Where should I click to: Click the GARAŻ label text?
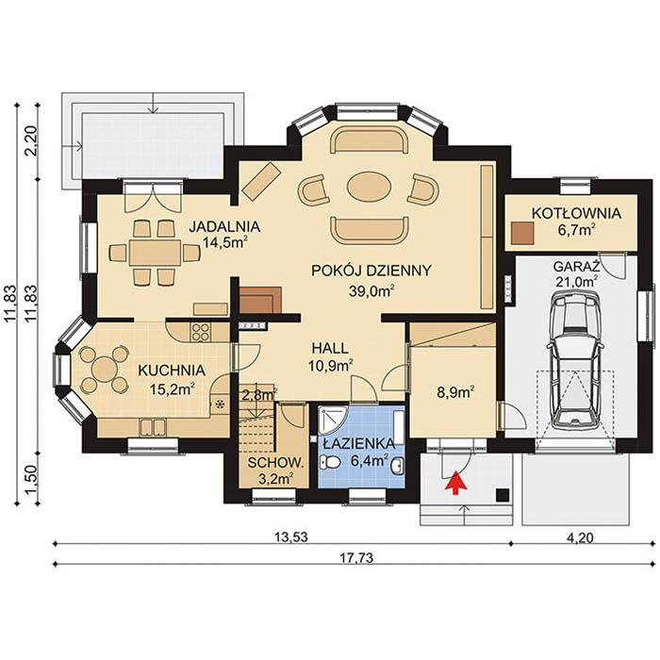574,267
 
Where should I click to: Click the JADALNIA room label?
223,226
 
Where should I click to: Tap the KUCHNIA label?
166,370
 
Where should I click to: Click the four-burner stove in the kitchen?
201,331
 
